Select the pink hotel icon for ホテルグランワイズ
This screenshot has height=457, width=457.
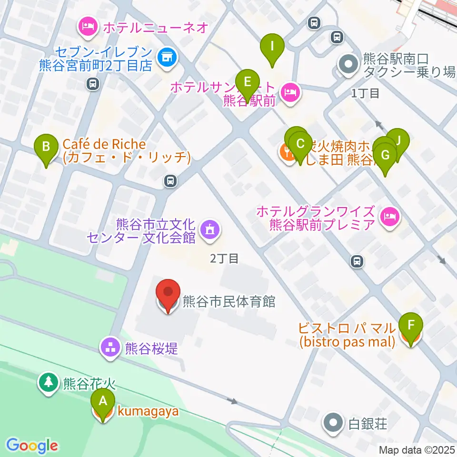tap(390, 218)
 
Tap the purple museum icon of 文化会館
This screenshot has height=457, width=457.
tap(210, 230)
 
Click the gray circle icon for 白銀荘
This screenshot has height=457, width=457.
tap(333, 422)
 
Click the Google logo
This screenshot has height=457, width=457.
tap(32, 446)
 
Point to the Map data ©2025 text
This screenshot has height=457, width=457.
tap(417, 449)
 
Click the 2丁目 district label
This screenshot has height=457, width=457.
tap(224, 258)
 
